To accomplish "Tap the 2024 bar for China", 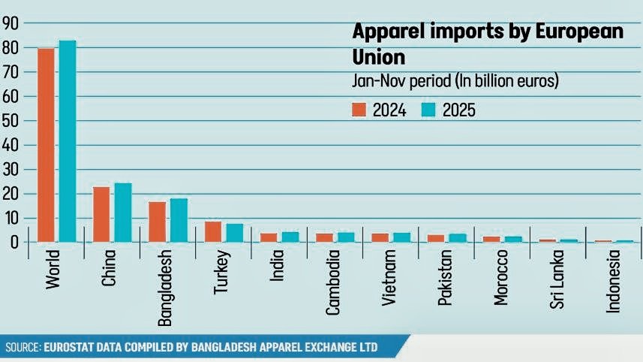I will (x=101, y=214).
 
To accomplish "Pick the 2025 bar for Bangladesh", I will (x=179, y=220).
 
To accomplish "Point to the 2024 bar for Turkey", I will (x=212, y=231).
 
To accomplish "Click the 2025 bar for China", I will (x=123, y=213).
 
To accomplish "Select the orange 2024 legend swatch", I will (x=359, y=110).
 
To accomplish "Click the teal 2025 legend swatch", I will (x=428, y=110).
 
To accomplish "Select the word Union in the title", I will (x=379, y=57).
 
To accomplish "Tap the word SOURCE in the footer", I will (x=22, y=347).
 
